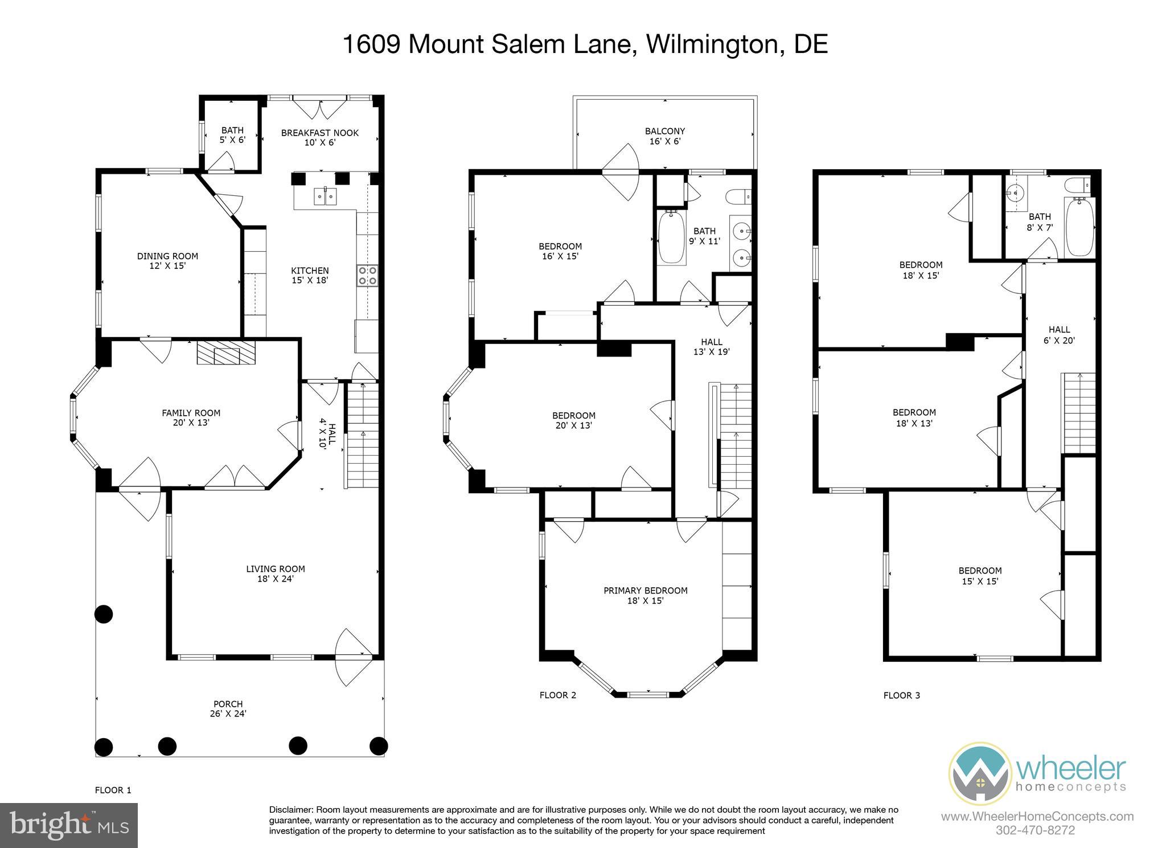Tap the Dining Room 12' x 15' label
click(167, 261)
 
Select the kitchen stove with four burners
click(367, 276)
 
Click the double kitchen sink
click(325, 196)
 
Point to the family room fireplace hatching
click(227, 353)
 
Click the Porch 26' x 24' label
click(228, 708)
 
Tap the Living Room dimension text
click(276, 579)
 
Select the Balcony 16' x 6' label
click(664, 136)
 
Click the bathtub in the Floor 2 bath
click(672, 237)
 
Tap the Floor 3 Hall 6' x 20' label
click(1059, 335)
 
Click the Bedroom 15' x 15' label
click(980, 576)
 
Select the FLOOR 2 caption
click(557, 695)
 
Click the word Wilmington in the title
click(715, 44)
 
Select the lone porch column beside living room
click(103, 614)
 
